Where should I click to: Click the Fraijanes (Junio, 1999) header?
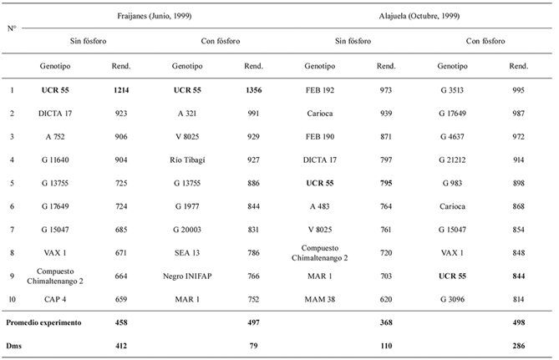[x=155, y=16]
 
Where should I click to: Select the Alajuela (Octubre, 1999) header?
[x=419, y=16]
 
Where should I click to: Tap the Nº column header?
[x=12, y=28]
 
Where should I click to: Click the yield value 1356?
[x=253, y=90]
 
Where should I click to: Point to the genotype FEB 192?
[x=320, y=90]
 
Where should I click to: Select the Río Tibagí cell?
[x=187, y=160]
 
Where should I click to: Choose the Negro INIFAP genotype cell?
[x=187, y=276]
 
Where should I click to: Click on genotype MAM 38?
[x=320, y=299]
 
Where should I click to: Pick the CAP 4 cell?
[x=55, y=299]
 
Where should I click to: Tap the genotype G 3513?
[x=452, y=90]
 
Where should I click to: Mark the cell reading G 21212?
[x=452, y=160]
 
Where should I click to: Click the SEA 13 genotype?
[x=187, y=253]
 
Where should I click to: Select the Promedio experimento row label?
[x=43, y=322]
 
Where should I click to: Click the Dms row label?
[x=13, y=346]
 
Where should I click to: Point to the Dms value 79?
[x=253, y=346]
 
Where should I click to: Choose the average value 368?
[x=386, y=322]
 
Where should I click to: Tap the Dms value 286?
[x=519, y=346]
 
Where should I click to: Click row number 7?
[x=13, y=230]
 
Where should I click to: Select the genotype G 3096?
[x=452, y=299]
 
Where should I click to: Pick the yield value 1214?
[x=121, y=90]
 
